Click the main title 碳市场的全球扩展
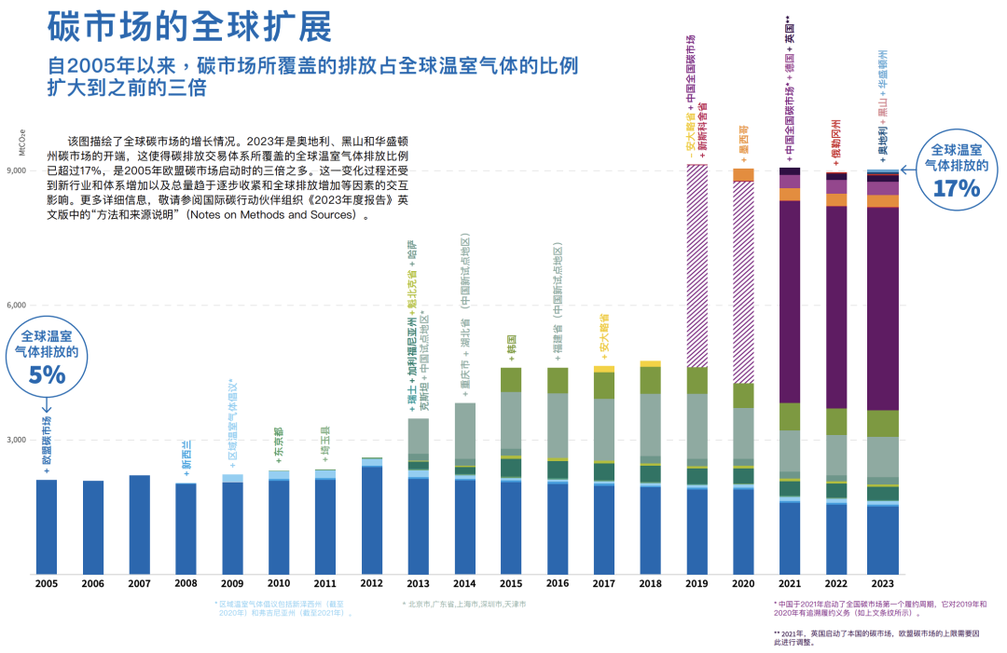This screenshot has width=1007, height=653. [x=189, y=28]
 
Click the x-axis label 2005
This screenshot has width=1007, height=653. [x=47, y=584]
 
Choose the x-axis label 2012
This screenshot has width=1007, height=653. [x=371, y=584]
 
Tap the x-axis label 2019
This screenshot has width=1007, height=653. [x=697, y=584]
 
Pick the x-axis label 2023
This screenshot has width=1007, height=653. [x=882, y=584]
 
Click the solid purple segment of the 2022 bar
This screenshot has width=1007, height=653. [x=836, y=307]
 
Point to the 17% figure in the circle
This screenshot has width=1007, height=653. [x=957, y=188]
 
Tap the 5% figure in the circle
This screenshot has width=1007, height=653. [x=48, y=375]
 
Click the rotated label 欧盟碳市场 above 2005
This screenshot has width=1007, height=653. [x=47, y=442]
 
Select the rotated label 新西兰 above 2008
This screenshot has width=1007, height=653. [x=186, y=456]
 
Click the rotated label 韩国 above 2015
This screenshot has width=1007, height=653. [x=511, y=344]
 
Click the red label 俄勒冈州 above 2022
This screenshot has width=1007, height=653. [x=836, y=142]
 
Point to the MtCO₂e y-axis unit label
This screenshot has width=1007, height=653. [x=21, y=143]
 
